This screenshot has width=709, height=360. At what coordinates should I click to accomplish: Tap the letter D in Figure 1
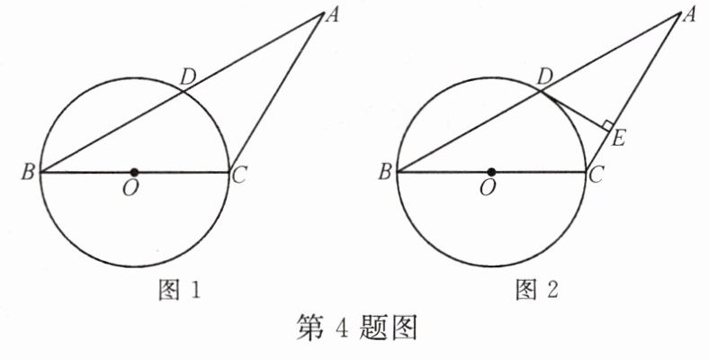point(187,77)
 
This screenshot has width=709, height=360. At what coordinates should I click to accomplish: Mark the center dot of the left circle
point(134,172)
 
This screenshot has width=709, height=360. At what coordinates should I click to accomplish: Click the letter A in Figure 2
point(691,13)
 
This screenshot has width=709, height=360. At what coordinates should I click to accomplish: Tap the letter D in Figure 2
point(543,77)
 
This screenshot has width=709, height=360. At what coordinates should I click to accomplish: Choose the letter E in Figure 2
point(618,139)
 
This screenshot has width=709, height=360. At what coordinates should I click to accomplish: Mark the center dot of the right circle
point(491,172)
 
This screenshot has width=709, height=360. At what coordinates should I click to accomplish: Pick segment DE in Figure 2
point(575,108)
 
